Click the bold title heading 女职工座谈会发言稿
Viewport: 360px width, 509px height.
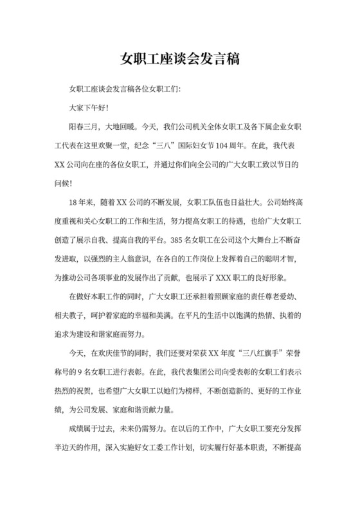[180, 60]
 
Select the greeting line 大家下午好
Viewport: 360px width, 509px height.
[88, 109]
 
